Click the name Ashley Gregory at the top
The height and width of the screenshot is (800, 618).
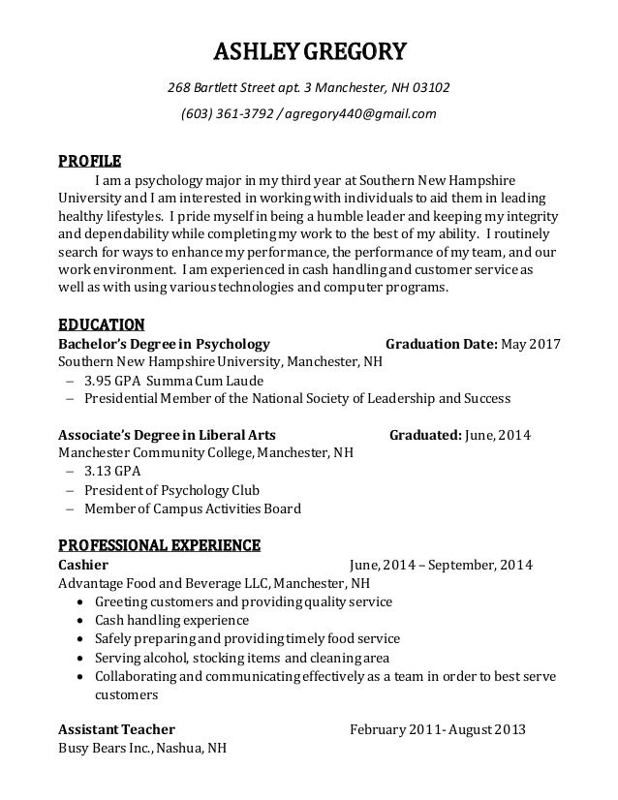(309, 49)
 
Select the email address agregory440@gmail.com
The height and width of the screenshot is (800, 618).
(360, 115)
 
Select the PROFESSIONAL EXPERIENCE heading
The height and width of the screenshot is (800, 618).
(159, 544)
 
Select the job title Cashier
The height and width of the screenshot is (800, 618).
(83, 565)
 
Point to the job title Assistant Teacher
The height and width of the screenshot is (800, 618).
(117, 730)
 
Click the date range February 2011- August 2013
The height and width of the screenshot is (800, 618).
(437, 730)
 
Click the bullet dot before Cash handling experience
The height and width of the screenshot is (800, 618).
(78, 621)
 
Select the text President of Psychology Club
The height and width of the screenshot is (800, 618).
(171, 490)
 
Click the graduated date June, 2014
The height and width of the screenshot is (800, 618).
(498, 435)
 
